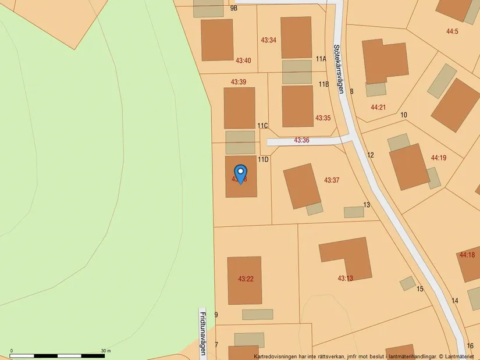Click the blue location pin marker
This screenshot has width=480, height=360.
tap(240, 173)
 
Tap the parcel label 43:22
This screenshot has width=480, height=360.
tap(246, 279)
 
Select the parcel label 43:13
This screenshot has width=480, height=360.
tap(345, 279)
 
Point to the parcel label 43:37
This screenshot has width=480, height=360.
tap(332, 180)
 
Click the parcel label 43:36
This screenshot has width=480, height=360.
tap(301, 140)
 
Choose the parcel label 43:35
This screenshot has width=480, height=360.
tap(323, 118)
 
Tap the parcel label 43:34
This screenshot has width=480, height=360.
tap(268, 40)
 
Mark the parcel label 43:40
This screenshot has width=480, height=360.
tap(243, 60)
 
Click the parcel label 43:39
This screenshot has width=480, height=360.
tap(239, 82)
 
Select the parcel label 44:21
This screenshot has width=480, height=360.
tap(378, 107)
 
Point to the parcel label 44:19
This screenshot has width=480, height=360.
tap(439, 158)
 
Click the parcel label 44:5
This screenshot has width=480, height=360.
tap(452, 31)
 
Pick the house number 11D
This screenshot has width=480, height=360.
tap(263, 159)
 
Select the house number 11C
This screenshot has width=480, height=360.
tap(262, 126)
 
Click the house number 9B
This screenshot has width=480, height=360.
tap(234, 8)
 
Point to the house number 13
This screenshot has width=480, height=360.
tap(367, 205)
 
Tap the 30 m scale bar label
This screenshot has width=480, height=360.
tap(106, 351)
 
